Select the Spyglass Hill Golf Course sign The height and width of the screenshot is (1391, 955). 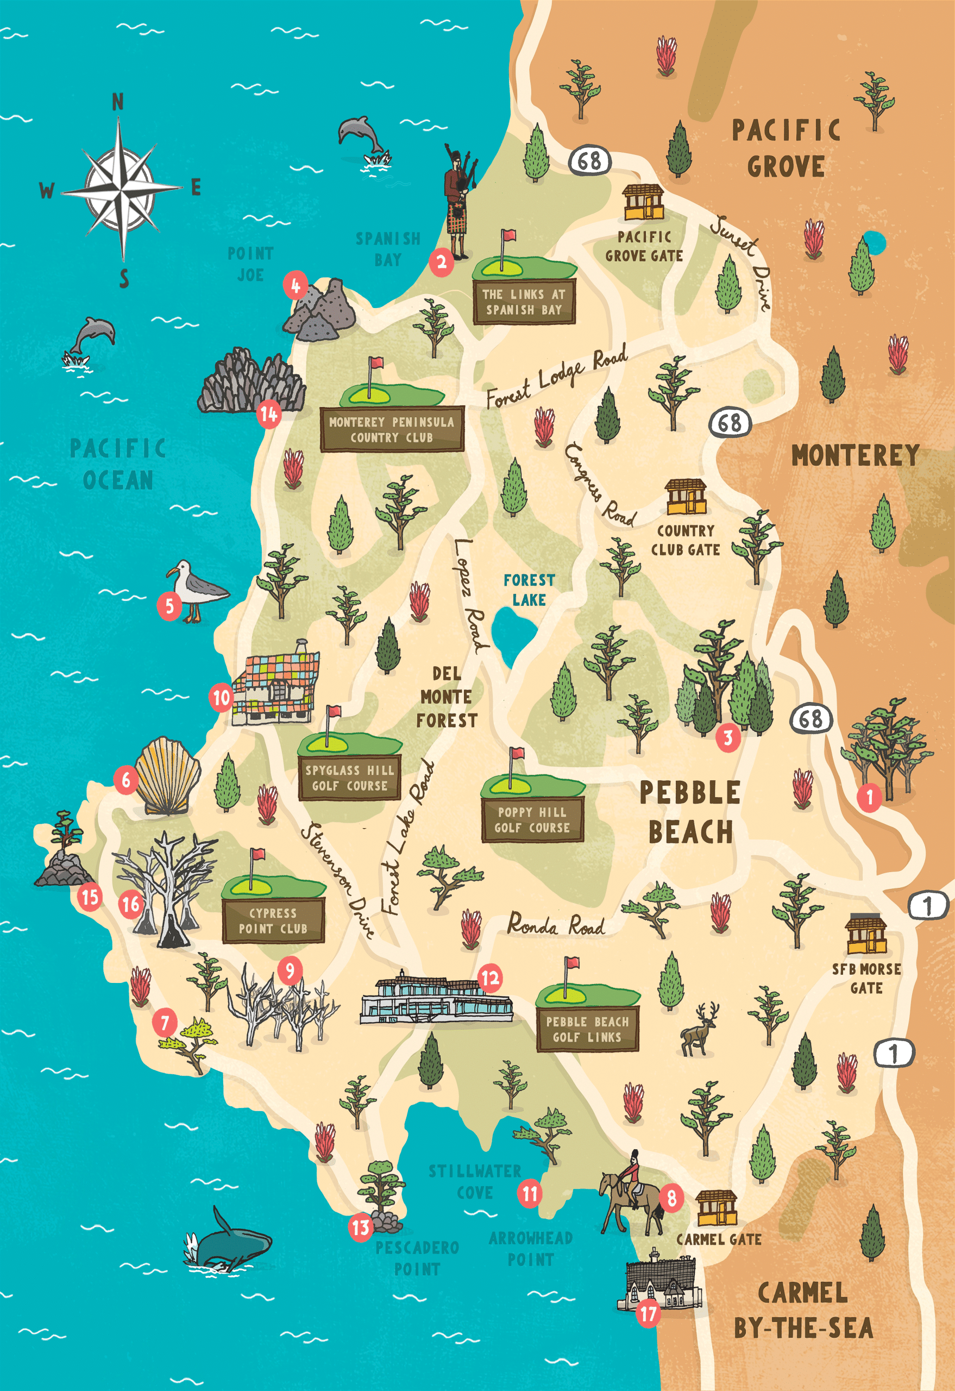[x=349, y=778]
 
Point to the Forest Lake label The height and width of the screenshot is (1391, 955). [x=529, y=590]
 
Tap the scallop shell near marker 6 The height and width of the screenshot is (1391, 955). [x=167, y=776]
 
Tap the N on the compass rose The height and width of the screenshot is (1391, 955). [x=118, y=102]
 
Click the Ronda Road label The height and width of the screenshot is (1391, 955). [x=556, y=925]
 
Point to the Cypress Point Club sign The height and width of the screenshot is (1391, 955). [x=273, y=920]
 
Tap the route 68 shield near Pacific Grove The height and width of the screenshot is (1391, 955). [x=589, y=160]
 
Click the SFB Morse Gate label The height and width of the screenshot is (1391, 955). [x=866, y=978]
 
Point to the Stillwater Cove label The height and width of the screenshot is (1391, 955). [x=474, y=1181]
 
